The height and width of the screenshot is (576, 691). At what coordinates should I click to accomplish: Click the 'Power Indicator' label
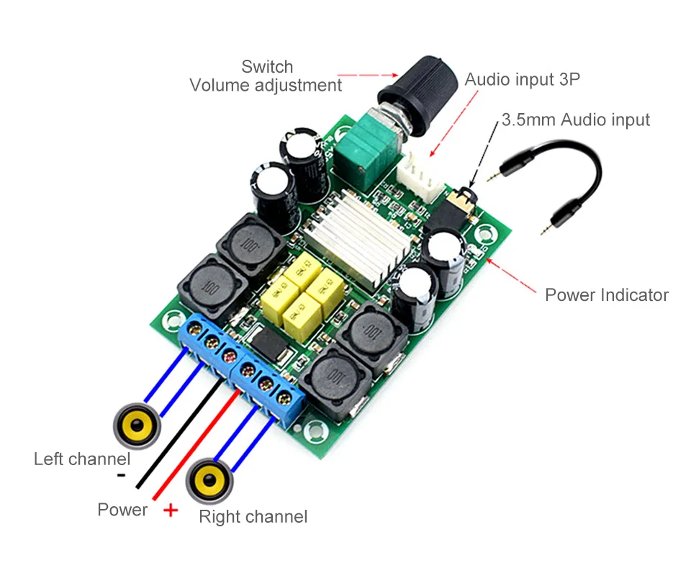606,294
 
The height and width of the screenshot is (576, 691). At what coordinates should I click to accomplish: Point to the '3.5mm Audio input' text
576,120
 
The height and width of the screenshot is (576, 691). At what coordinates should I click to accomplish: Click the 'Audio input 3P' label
523,79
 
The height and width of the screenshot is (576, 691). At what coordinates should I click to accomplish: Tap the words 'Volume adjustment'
266,85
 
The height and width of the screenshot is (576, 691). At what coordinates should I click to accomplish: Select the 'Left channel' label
82,459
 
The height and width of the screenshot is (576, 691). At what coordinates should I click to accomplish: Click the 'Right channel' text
253,516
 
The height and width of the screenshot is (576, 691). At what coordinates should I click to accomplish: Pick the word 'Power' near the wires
122,510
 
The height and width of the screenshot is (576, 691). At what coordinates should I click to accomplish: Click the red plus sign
171,510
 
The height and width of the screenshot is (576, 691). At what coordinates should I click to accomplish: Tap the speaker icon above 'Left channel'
137,426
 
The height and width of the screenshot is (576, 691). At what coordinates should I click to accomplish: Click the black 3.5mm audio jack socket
452,210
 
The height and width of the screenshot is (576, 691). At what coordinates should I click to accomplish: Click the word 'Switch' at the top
267,66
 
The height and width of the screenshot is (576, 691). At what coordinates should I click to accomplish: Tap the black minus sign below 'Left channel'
121,475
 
